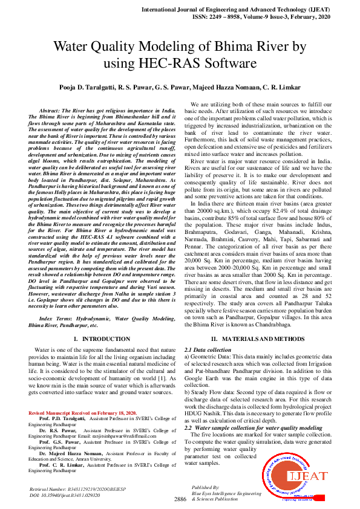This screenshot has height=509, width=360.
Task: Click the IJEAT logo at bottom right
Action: click(303, 476)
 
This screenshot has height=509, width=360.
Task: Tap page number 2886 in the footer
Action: click(180, 499)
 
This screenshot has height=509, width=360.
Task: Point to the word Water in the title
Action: click(75, 47)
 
